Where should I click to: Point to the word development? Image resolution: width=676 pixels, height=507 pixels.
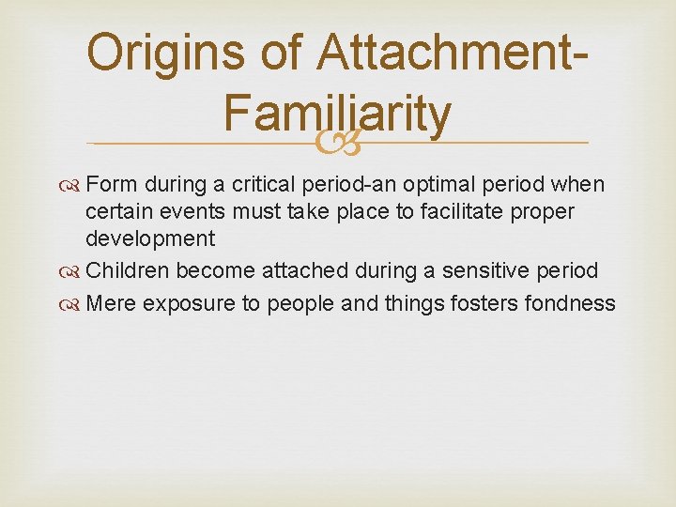(x=150, y=238)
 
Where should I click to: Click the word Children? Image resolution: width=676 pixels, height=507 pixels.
(x=128, y=271)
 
